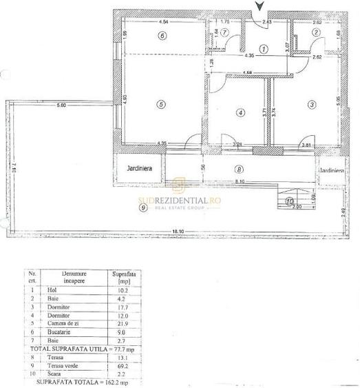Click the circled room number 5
click(x=160, y=104)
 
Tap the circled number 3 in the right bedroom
click(x=311, y=104)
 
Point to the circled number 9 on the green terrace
click(x=142, y=206)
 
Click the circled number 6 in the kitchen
click(x=161, y=36)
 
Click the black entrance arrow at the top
click(x=258, y=7)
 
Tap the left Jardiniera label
click(x=138, y=167)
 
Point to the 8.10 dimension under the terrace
click(x=238, y=181)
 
